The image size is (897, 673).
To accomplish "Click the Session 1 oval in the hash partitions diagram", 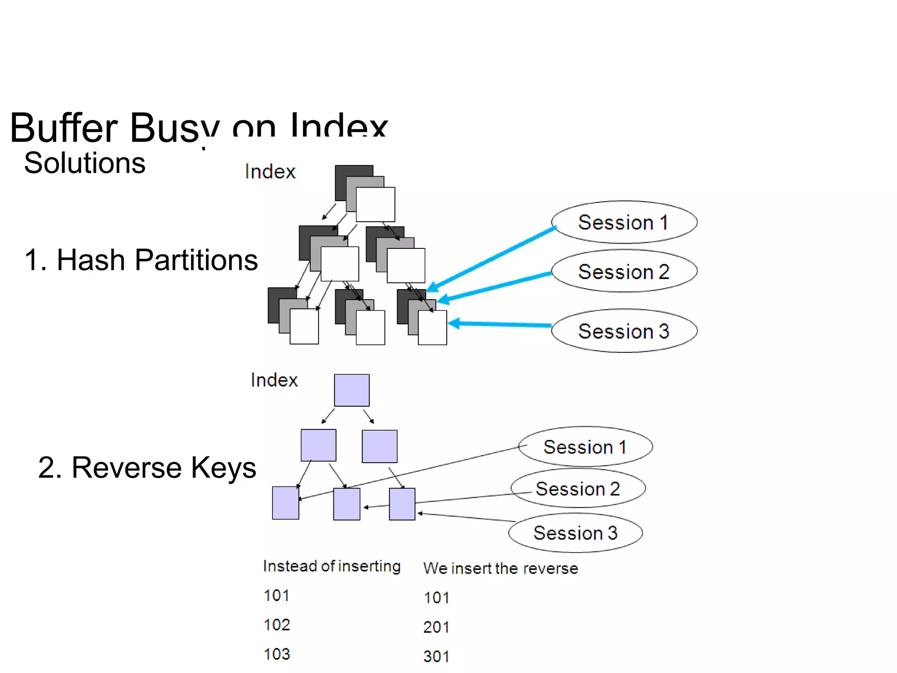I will click(623, 222).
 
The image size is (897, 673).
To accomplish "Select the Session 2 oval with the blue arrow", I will click(623, 271).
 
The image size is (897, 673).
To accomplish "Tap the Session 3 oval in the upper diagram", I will click(623, 331).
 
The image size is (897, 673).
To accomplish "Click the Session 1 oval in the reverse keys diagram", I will click(585, 447).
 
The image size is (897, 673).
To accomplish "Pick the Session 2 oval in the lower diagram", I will click(578, 489).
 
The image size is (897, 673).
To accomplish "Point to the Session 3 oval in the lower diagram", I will click(575, 533).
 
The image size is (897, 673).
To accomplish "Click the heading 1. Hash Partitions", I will click(141, 260).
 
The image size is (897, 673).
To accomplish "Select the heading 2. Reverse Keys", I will click(147, 468).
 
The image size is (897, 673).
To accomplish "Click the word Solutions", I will click(85, 163).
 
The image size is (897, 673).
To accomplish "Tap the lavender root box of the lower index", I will click(352, 390).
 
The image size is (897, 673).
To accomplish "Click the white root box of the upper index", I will click(375, 204).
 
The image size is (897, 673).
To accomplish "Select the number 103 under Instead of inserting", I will click(277, 654).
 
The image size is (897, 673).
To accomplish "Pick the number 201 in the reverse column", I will click(436, 627).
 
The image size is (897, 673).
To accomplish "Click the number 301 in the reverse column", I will click(436, 656).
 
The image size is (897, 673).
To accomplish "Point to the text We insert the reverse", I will click(501, 568).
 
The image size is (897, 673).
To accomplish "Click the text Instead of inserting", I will click(332, 566).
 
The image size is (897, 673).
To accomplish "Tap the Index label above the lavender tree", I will click(274, 380).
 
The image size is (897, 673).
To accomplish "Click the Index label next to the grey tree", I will click(270, 171).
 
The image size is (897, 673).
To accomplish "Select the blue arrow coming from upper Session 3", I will click(499, 324).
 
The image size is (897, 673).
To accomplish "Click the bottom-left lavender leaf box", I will click(286, 503).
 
